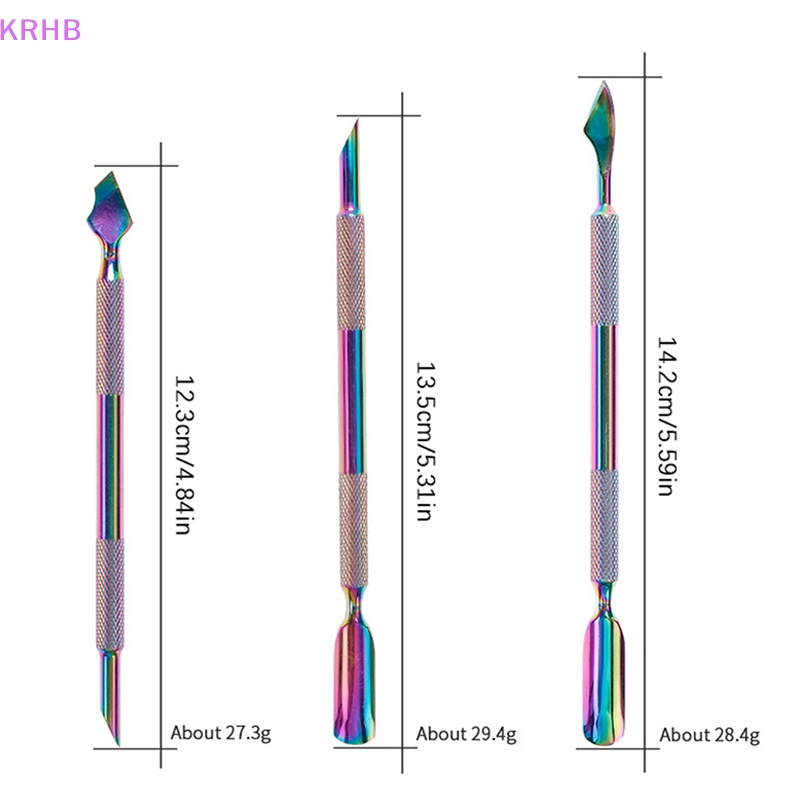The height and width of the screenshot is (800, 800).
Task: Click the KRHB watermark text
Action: [40, 30]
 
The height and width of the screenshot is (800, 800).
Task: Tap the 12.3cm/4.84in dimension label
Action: [184, 455]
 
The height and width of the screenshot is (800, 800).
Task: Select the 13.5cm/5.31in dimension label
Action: [426, 441]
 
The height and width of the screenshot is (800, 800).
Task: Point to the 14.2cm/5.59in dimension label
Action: [667, 416]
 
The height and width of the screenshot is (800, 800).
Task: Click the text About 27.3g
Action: [220, 733]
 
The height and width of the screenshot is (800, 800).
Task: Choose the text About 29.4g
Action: [466, 734]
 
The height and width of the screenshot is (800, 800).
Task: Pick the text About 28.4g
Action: [709, 735]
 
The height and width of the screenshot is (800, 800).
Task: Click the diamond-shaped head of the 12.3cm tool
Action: [110, 209]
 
